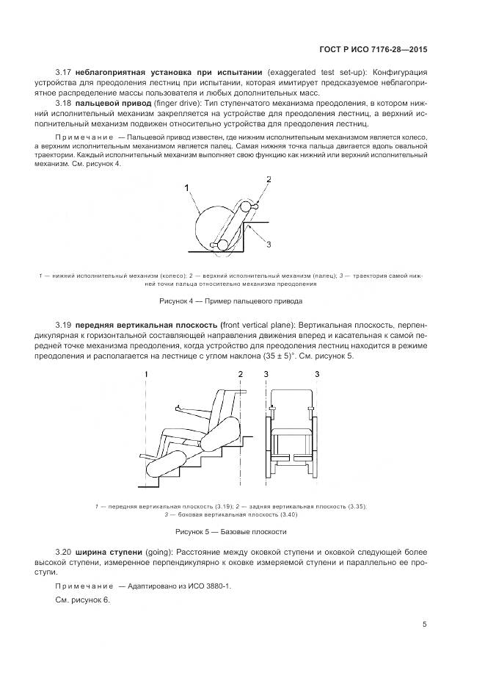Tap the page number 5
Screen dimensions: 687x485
[424, 624]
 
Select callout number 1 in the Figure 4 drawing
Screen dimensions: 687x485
[188, 188]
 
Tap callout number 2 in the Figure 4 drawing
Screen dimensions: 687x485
[269, 179]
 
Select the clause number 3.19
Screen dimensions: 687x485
[64, 324]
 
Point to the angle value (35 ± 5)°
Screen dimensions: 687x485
[275, 356]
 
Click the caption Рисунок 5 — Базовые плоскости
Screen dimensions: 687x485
[230, 530]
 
